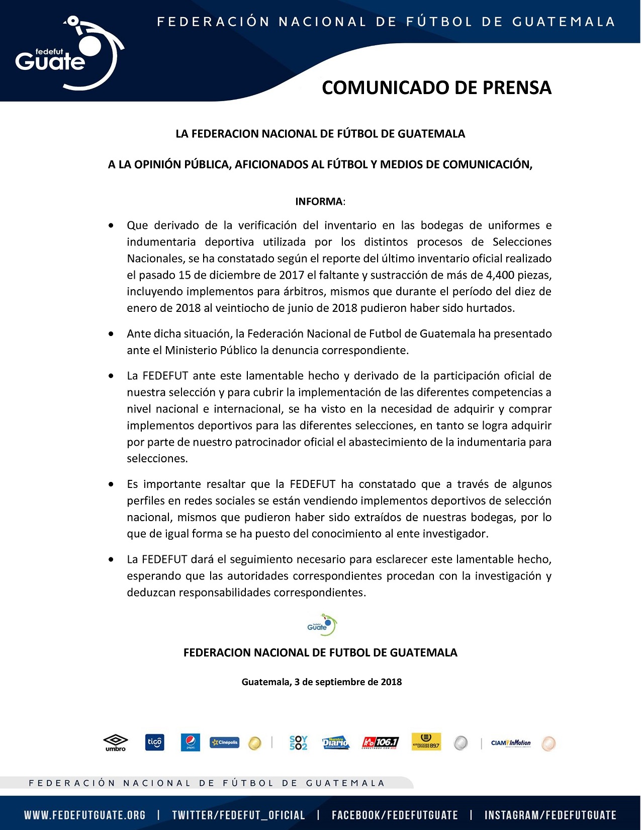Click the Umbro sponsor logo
tap(116, 742)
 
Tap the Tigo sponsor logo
tap(154, 742)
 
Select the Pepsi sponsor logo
tap(191, 742)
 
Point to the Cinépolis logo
tap(225, 742)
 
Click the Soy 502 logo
tap(298, 743)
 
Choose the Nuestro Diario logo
tap(335, 742)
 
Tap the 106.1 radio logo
tap(380, 742)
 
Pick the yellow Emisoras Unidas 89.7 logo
tap(426, 742)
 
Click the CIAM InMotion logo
tap(510, 743)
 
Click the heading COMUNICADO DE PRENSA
tap(436, 88)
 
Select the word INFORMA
tap(319, 202)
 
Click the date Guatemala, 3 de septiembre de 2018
tap(321, 682)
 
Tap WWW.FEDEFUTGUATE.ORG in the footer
tap(84, 815)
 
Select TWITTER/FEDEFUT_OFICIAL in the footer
tap(238, 815)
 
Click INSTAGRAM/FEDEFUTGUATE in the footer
tap(550, 815)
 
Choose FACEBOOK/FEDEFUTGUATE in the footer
tap(395, 815)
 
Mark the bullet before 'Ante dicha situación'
tap(111, 334)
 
